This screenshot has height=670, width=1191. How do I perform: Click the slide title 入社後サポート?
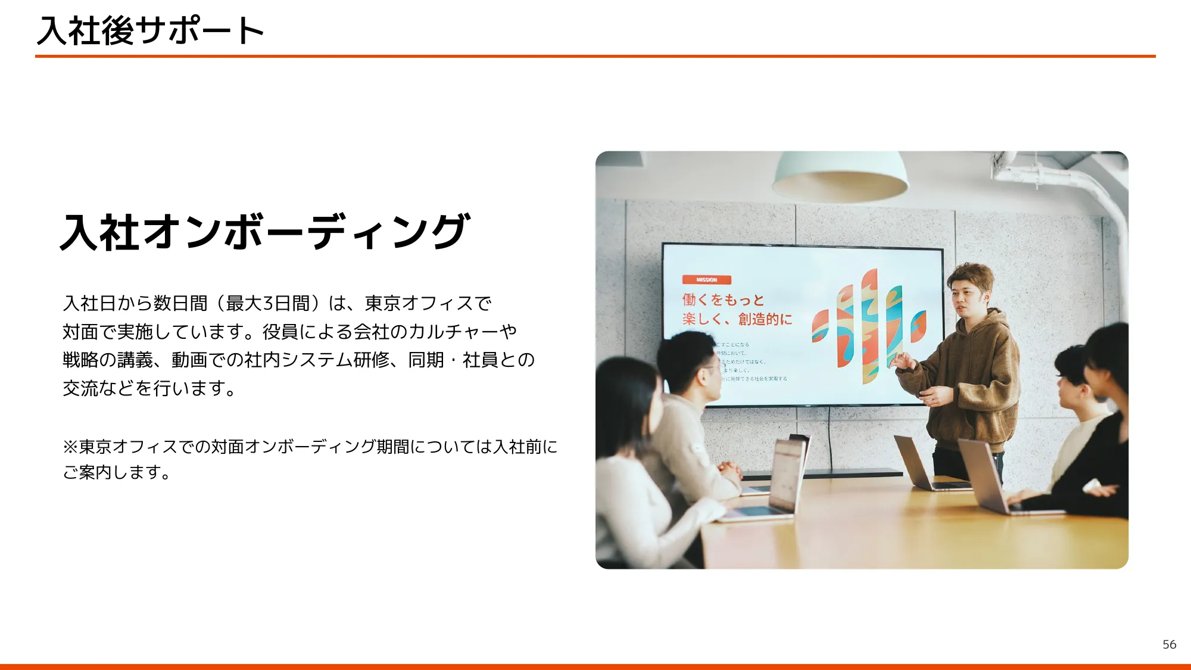(x=150, y=30)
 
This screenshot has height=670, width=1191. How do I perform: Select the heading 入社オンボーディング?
(x=266, y=232)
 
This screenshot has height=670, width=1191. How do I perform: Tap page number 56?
(x=1169, y=644)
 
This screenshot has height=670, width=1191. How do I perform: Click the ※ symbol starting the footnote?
(x=70, y=447)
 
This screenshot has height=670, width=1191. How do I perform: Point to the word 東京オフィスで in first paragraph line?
(x=428, y=303)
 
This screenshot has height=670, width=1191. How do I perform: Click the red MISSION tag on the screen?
(x=706, y=280)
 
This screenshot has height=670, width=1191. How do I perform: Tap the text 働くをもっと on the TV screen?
(x=723, y=300)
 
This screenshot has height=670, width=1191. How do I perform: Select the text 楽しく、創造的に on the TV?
(x=737, y=319)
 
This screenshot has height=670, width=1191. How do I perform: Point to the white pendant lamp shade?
(x=840, y=176)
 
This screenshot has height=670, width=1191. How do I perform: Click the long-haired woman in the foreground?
(x=631, y=465)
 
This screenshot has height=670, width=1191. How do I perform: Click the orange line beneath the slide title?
(x=595, y=56)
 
